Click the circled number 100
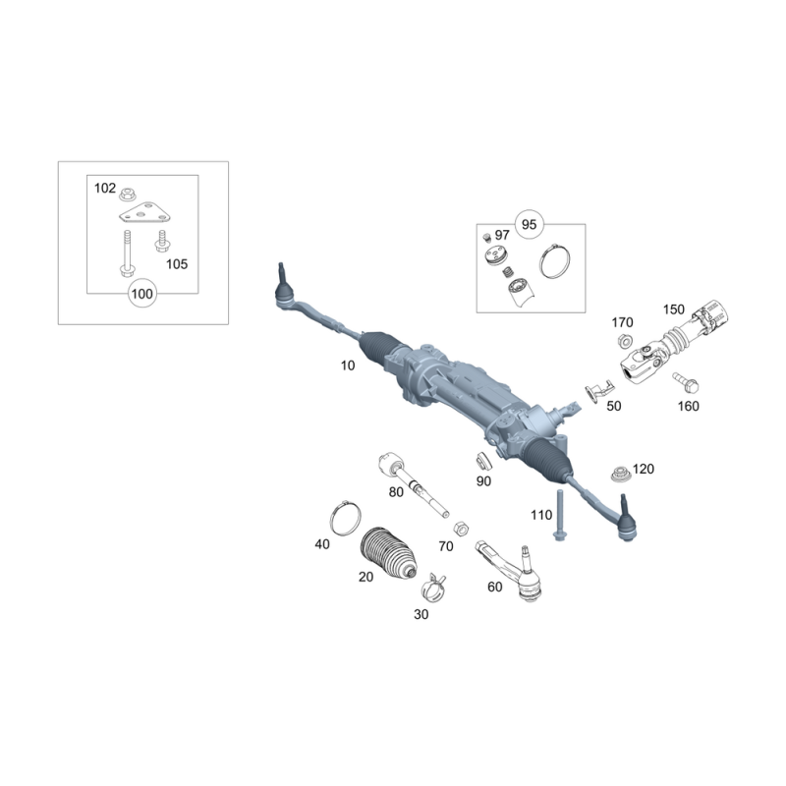[142, 293]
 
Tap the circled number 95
[530, 224]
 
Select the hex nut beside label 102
[129, 194]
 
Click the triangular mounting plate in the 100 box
[144, 212]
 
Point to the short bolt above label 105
[162, 241]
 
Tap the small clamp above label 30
[433, 587]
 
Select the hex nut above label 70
[461, 529]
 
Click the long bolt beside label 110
[559, 515]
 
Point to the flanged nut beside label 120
[621, 474]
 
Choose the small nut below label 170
[625, 341]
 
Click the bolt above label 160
[686, 382]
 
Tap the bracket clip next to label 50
[598, 390]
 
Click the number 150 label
[674, 309]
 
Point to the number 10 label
[348, 365]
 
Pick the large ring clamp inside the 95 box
[555, 260]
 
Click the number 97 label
[502, 235]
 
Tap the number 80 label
[396, 492]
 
